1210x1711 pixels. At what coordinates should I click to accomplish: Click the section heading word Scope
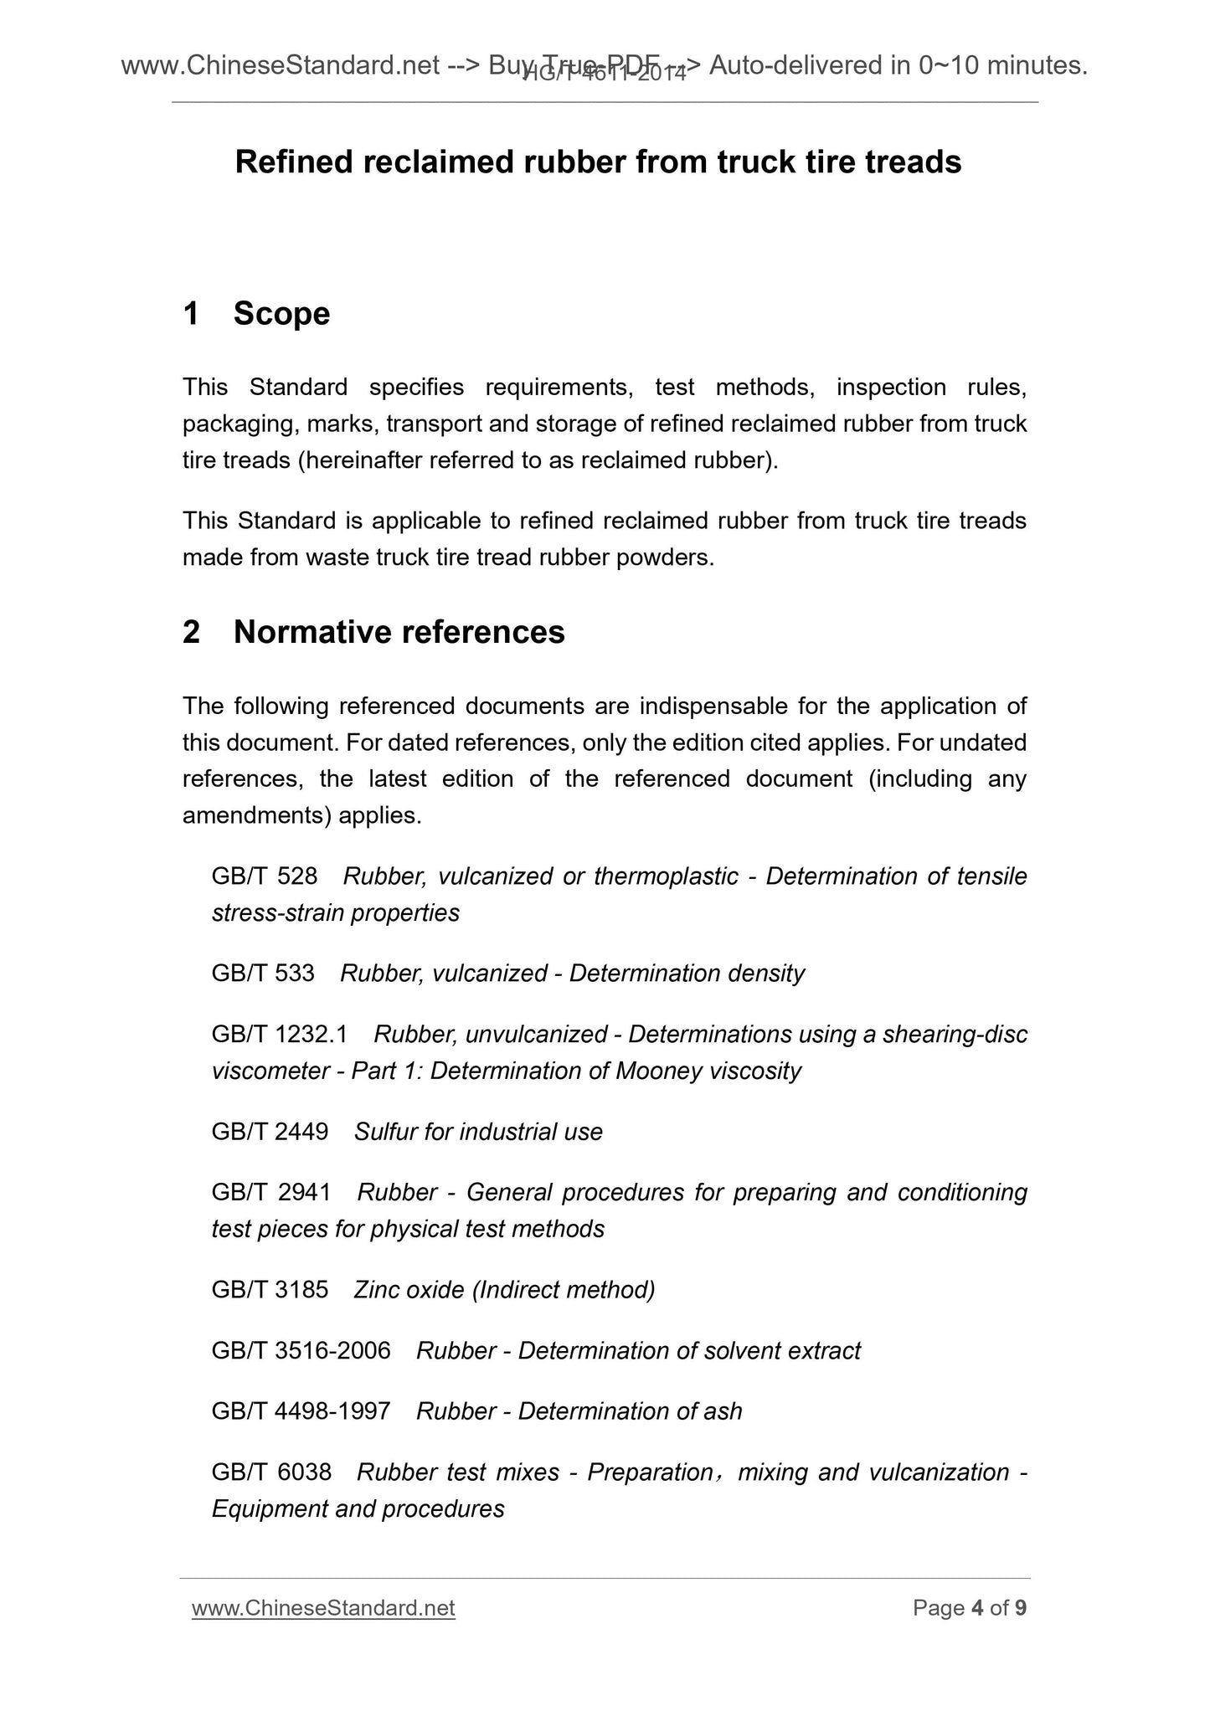pos(281,314)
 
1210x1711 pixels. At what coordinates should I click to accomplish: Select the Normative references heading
pos(399,632)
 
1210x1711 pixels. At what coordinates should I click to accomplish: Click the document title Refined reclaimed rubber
pos(598,162)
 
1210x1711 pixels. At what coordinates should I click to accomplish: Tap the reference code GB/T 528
pos(265,876)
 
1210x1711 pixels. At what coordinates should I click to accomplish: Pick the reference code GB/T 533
pos(263,974)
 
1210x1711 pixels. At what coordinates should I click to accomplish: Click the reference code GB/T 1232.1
pos(280,1035)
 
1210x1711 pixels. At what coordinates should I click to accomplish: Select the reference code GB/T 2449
pos(270,1133)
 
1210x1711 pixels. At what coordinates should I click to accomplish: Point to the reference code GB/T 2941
pos(271,1193)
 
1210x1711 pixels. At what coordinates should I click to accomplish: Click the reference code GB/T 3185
pos(270,1290)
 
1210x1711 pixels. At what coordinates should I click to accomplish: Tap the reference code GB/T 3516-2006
pos(301,1351)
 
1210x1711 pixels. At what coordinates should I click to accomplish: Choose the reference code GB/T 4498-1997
pos(301,1412)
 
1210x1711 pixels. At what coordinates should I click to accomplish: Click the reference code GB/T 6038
pos(271,1472)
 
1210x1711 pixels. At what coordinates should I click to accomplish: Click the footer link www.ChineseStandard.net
pos(323,1608)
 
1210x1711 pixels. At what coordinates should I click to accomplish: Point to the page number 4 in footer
pos(977,1608)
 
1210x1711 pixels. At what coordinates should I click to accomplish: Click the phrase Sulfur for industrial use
pos(478,1133)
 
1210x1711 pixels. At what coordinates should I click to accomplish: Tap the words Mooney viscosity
pos(708,1071)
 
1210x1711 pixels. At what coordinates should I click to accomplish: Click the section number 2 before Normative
pos(191,632)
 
